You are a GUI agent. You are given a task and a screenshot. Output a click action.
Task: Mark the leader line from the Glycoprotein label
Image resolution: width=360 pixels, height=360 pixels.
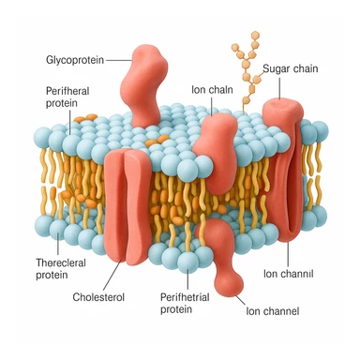[117, 58]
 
